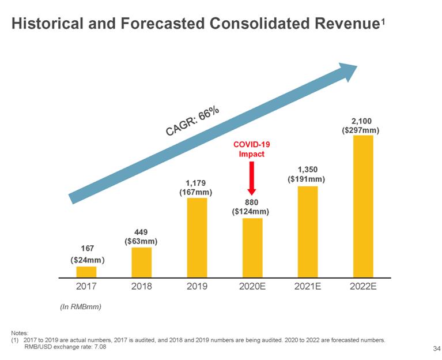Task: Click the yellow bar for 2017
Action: pos(86,272)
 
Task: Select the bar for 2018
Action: pos(141,262)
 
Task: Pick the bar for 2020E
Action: pos(252,247)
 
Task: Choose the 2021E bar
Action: pos(307,231)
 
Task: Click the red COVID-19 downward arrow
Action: pos(251,178)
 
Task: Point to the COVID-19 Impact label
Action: pos(251,149)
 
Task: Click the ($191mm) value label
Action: pos(307,179)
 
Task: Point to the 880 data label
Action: pos(251,202)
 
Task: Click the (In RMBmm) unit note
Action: pos(81,307)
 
